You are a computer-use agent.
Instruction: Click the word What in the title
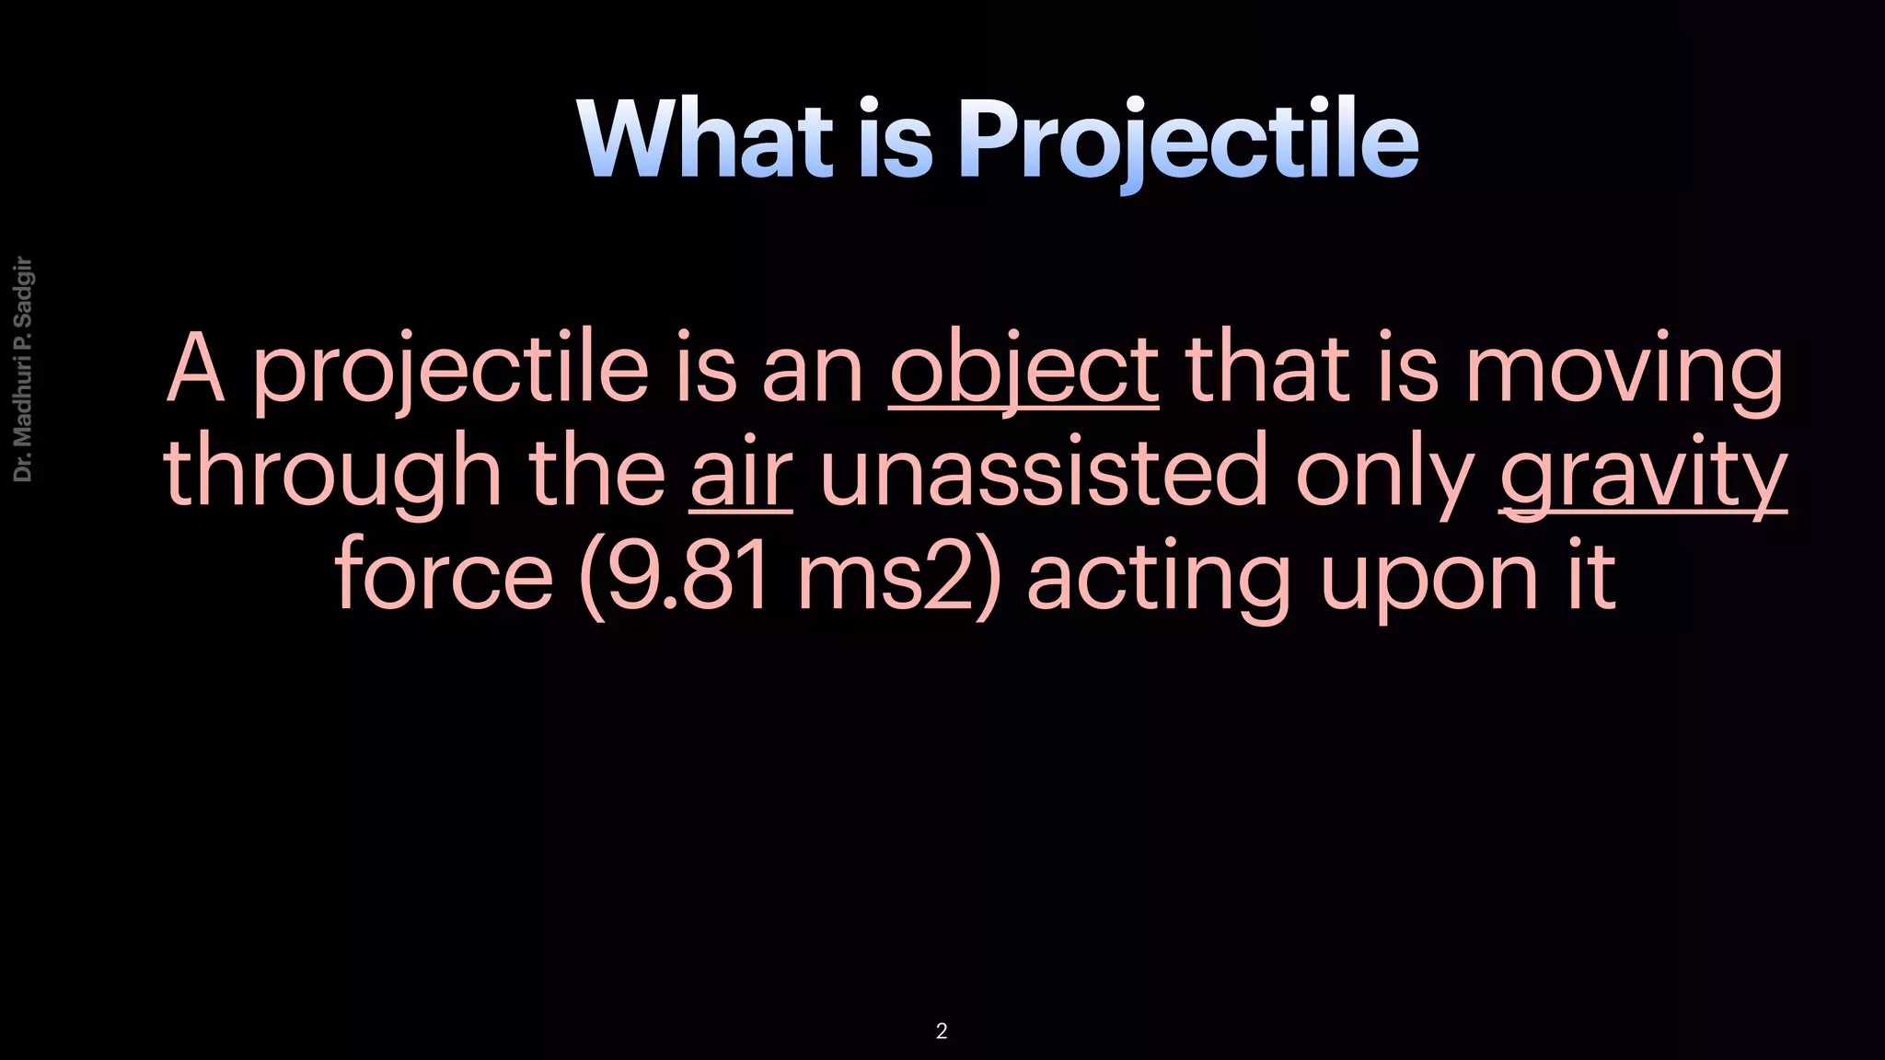tap(704, 140)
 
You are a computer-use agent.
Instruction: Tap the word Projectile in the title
tap(1187, 140)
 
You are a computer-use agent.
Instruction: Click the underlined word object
tap(1023, 370)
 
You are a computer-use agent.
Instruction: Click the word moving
tap(1624, 370)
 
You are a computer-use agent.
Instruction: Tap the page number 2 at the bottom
tap(941, 1031)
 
